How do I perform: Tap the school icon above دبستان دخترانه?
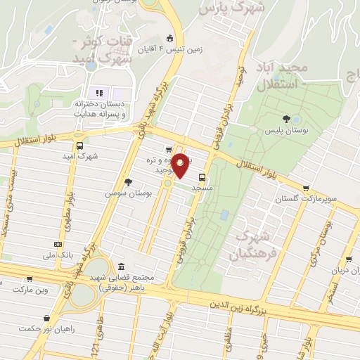click(99, 92)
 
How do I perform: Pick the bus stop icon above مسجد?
click(202, 177)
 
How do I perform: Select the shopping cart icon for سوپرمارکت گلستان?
click(306, 188)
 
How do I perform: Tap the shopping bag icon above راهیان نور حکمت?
click(46, 318)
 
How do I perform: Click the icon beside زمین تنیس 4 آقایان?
click(168, 39)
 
